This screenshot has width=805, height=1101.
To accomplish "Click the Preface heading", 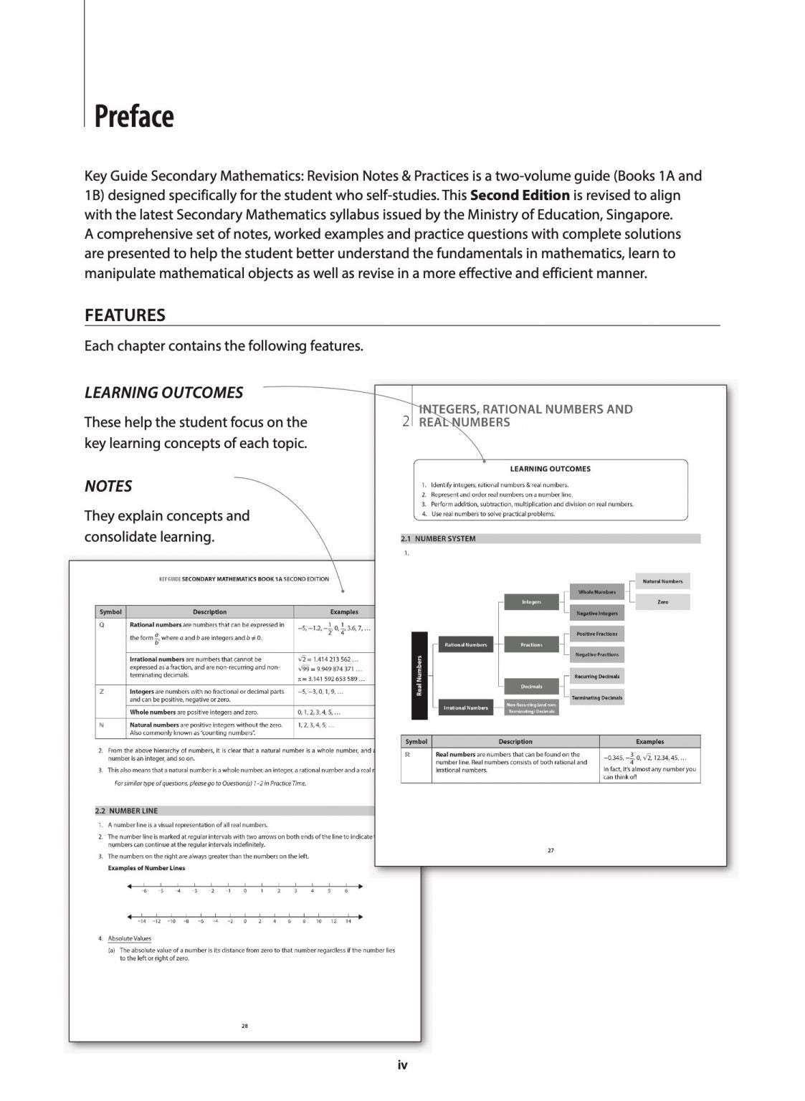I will click(134, 117).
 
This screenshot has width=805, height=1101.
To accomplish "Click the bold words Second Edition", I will click(520, 195).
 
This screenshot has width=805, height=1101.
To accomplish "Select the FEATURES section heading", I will click(125, 315).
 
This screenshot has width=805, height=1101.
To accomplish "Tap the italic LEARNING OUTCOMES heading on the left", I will click(163, 393).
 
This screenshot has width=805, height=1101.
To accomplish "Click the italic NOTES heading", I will click(108, 486).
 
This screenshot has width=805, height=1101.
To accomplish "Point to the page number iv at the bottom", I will click(402, 1065).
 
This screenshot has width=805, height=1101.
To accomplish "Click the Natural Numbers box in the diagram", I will click(662, 581).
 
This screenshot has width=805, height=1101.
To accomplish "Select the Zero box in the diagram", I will click(662, 602).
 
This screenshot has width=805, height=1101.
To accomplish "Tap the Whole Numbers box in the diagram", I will click(596, 592).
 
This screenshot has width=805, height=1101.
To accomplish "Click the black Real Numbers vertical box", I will click(419, 675).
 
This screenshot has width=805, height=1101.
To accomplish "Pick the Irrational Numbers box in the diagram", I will click(465, 707).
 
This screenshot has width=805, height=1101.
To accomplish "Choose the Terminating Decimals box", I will click(596, 697).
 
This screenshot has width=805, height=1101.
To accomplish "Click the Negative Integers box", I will click(596, 613).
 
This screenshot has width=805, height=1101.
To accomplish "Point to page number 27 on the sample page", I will click(551, 850).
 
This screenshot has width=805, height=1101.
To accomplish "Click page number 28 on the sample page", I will click(244, 1026).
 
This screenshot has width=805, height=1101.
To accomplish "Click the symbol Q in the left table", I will click(102, 624).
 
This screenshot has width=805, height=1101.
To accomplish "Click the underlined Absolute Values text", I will click(129, 938).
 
